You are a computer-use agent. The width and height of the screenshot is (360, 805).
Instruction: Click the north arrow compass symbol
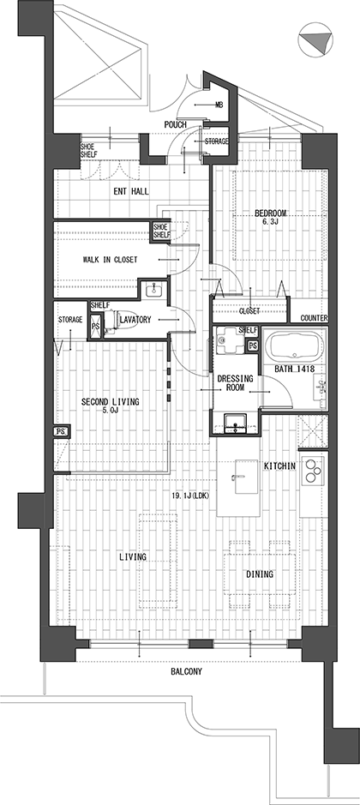(315, 39)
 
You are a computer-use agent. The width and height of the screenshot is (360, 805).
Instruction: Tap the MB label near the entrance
(219, 105)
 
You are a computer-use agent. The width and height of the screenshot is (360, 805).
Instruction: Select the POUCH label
(175, 125)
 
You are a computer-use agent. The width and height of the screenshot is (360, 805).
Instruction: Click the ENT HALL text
(131, 191)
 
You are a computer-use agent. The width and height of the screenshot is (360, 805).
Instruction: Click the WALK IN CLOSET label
(110, 260)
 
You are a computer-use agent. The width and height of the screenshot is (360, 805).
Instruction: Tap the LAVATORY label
(135, 320)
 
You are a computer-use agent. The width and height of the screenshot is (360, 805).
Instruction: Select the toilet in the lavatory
(110, 323)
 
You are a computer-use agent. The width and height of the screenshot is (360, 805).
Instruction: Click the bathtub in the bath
(294, 346)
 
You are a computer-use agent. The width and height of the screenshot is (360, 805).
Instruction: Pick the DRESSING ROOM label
(236, 383)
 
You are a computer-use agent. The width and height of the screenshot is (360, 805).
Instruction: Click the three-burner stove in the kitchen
(312, 471)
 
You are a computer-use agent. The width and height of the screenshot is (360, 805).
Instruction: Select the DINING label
(260, 574)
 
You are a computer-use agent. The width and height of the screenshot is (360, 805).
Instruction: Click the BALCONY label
(186, 671)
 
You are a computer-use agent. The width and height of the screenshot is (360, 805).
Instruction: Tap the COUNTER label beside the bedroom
(314, 318)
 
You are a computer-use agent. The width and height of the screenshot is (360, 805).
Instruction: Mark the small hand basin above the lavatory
(153, 291)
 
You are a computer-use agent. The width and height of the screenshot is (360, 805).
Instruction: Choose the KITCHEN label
(280, 466)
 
